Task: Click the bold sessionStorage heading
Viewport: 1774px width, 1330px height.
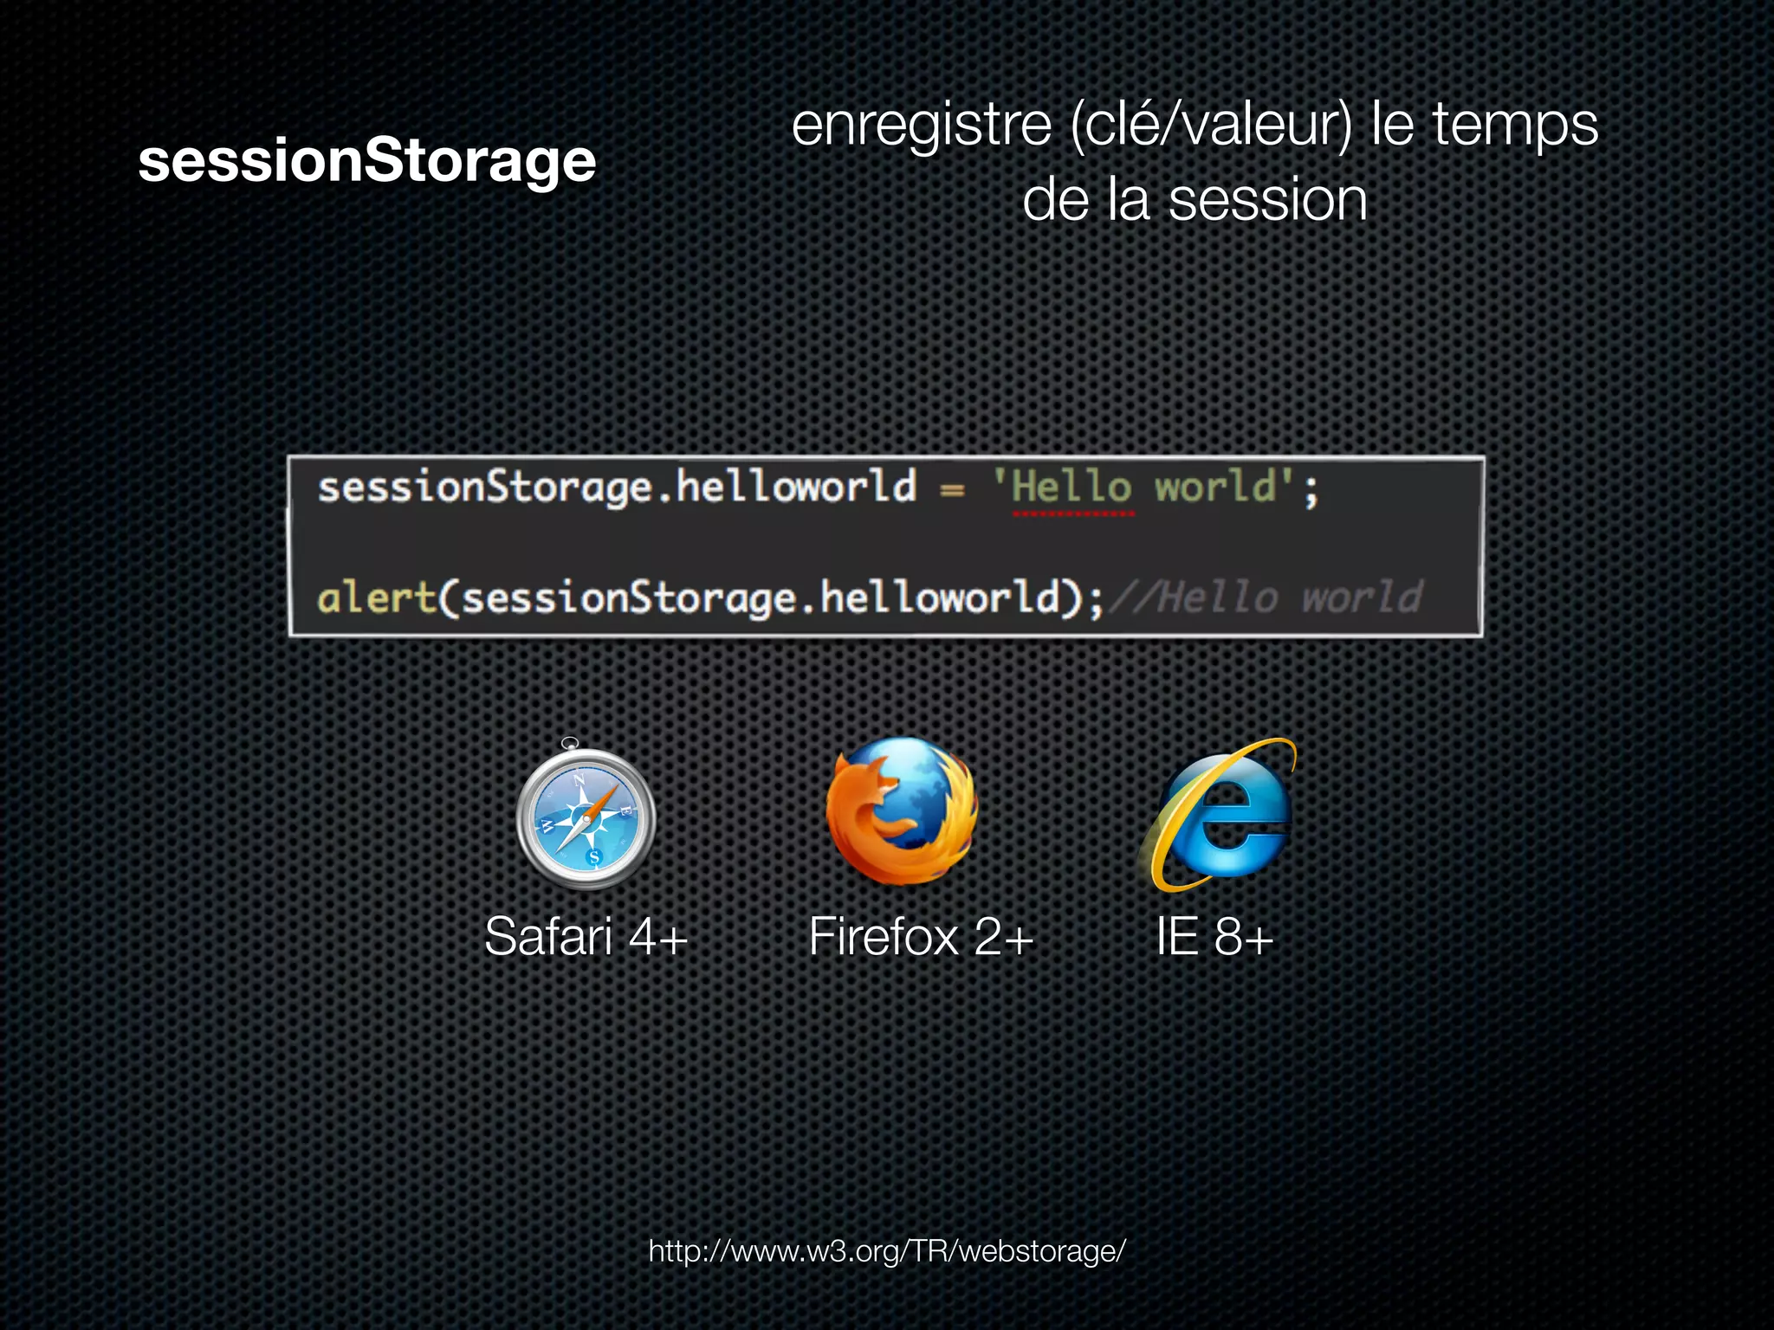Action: (366, 161)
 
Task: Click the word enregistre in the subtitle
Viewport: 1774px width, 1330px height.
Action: (921, 126)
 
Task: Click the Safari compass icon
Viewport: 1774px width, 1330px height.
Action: (586, 817)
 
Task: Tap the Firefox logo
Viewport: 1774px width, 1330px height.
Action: (902, 811)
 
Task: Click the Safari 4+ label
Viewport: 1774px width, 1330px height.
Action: (586, 937)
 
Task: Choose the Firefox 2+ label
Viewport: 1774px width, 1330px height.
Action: (921, 937)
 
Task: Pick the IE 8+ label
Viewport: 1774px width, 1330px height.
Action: (1214, 937)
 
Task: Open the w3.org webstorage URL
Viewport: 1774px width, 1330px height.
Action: (887, 1251)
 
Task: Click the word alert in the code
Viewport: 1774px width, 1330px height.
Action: (377, 598)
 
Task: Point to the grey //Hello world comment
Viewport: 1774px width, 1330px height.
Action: (1266, 597)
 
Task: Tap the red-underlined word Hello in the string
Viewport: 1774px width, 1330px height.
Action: (1072, 487)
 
